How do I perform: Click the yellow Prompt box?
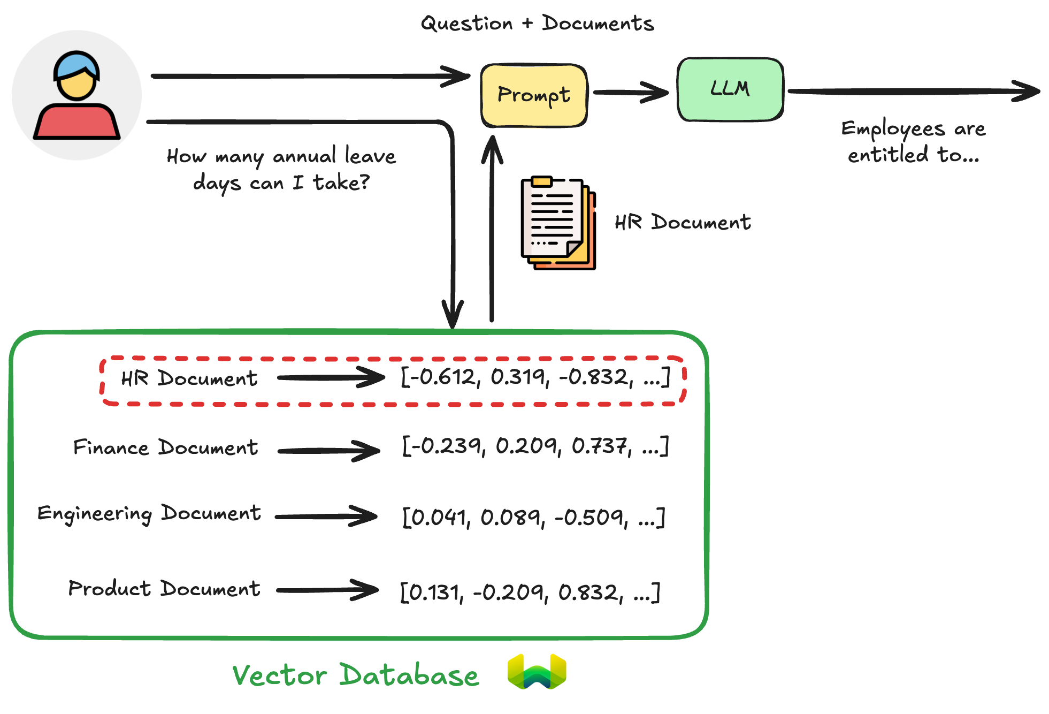(x=534, y=96)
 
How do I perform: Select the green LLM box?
(x=730, y=89)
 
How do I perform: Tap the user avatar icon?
(x=77, y=95)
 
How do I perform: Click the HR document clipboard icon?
(x=558, y=223)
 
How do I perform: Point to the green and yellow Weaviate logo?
(x=537, y=671)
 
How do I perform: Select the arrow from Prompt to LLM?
(x=631, y=93)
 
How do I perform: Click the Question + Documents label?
(x=537, y=24)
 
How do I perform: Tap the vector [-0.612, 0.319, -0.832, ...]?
(x=535, y=377)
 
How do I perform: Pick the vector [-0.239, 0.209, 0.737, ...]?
(x=535, y=446)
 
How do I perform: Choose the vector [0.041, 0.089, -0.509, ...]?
(x=533, y=517)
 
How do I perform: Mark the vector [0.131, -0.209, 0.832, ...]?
(x=530, y=592)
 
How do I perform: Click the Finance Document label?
(x=166, y=447)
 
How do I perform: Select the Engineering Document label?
(x=149, y=514)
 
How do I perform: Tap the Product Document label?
(x=164, y=589)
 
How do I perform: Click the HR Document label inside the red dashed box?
(x=189, y=378)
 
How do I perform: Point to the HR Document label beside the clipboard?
(x=683, y=222)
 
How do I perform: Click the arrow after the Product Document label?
(x=327, y=590)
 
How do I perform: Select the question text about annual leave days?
(x=281, y=169)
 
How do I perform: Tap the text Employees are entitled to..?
(x=913, y=142)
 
